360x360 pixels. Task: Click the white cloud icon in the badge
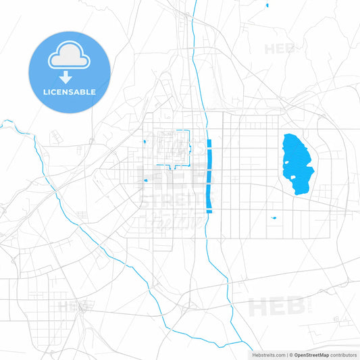coord(69,57)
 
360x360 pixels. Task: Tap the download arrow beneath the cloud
coord(69,78)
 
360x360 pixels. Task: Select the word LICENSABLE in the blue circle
coord(69,92)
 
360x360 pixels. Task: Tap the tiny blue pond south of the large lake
coord(274,217)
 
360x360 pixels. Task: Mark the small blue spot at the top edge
coord(267,5)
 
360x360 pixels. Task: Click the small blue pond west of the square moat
coord(145,142)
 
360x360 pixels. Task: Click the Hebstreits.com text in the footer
coord(267,355)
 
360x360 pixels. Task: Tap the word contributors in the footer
coord(344,355)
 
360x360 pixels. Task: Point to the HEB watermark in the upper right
coord(280,49)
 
